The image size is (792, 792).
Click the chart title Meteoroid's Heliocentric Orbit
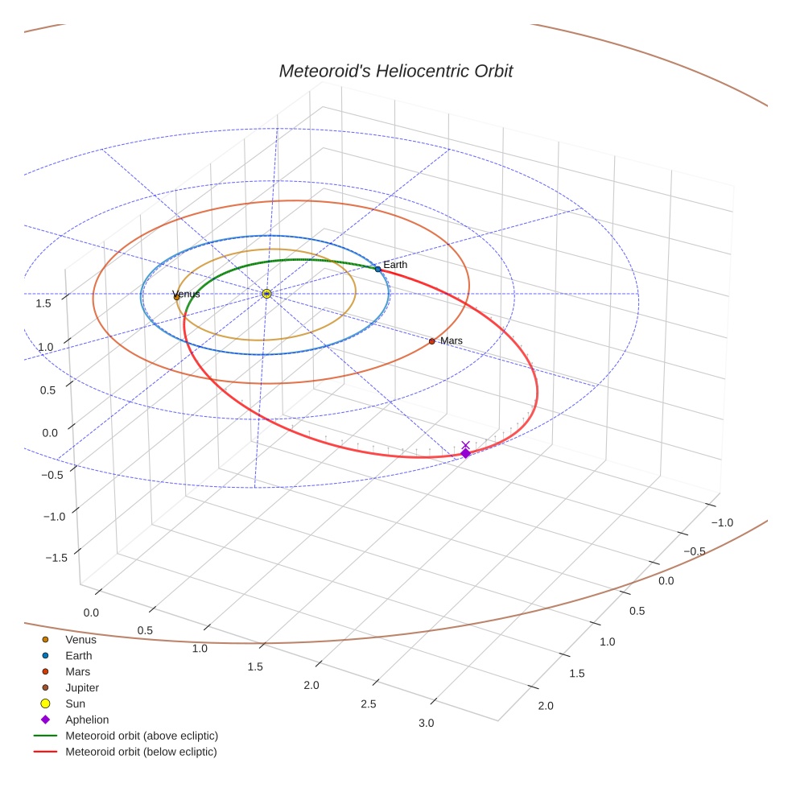pyautogui.click(x=395, y=72)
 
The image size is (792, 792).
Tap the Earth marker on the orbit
pyautogui.click(x=377, y=269)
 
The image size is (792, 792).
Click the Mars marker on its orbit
pyautogui.click(x=431, y=341)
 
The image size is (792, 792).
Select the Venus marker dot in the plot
pyautogui.click(x=177, y=297)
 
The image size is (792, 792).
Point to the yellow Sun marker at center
pyautogui.click(x=266, y=294)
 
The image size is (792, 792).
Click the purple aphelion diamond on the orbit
pyautogui.click(x=465, y=453)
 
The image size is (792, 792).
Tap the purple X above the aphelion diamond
pyautogui.click(x=465, y=444)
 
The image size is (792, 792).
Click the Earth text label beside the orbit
pyautogui.click(x=395, y=265)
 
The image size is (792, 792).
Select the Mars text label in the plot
pyautogui.click(x=452, y=341)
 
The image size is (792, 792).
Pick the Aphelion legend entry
pyautogui.click(x=87, y=720)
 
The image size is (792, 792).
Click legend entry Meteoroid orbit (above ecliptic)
pyautogui.click(x=142, y=736)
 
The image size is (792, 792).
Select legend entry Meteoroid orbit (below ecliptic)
pyautogui.click(x=141, y=752)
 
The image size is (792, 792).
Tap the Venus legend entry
pyautogui.click(x=80, y=640)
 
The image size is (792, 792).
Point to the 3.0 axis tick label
pyautogui.click(x=426, y=723)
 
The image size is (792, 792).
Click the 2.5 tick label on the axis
pyautogui.click(x=369, y=704)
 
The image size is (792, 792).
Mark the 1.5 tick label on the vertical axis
pyautogui.click(x=43, y=303)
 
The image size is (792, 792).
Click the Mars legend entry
pyautogui.click(x=78, y=672)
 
